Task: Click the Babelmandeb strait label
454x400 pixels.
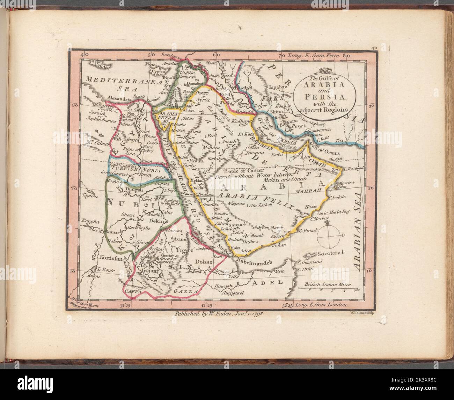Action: click(x=254, y=260)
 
